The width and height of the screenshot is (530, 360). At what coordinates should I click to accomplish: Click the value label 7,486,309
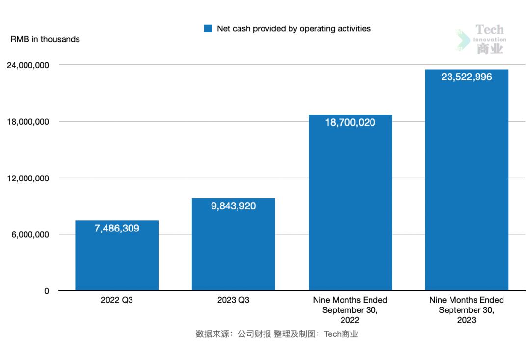117,228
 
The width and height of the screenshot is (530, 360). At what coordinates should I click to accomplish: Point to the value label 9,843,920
233,206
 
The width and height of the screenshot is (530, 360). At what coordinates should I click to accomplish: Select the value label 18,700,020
350,123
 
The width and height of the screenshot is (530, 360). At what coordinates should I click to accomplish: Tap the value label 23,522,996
466,77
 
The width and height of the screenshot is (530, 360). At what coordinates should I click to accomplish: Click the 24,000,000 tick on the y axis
27,65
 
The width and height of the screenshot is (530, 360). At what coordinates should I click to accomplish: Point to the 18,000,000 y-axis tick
27,122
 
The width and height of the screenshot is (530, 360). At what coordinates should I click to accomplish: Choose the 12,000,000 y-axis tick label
27,178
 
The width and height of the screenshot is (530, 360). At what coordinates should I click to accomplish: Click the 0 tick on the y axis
47,291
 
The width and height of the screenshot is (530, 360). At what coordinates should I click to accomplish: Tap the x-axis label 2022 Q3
117,300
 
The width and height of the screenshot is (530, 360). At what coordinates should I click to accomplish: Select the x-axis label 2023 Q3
233,300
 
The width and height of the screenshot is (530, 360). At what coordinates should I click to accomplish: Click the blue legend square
208,29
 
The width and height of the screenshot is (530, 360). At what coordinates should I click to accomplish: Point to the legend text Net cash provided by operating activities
293,29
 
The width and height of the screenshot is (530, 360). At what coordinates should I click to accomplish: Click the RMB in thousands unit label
45,39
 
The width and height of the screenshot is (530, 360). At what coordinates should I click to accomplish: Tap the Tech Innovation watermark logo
483,39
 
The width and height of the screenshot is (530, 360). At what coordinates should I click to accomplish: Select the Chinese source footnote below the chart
277,334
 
